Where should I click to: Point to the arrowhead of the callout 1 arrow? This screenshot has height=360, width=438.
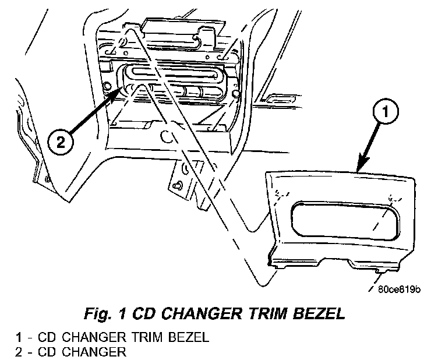click(x=360, y=168)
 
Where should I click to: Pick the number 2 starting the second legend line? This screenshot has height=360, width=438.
click(x=20, y=351)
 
